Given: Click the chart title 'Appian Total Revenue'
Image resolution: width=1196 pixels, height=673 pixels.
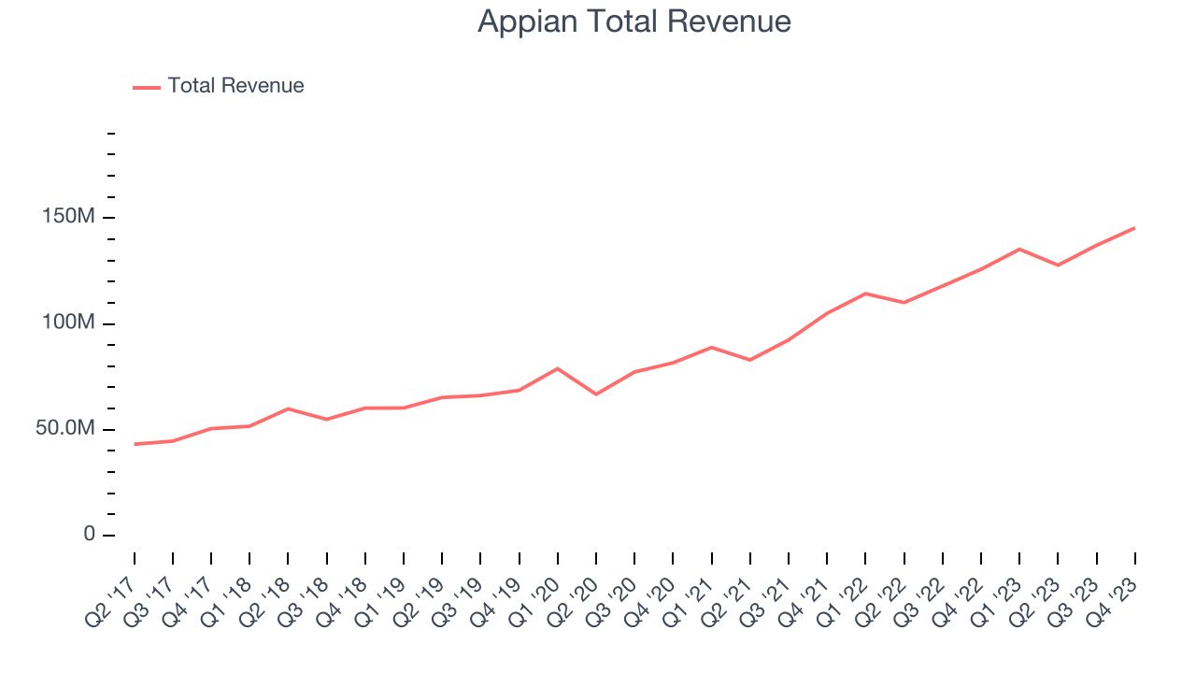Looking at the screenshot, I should click(634, 21).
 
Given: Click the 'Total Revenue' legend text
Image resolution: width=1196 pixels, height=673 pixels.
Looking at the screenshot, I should click(235, 86).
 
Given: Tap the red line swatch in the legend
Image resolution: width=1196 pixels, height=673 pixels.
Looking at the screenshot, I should click(147, 87).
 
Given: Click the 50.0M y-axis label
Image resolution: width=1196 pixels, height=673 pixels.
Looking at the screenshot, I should click(65, 428).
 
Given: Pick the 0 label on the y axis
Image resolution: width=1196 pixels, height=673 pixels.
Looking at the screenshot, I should click(89, 534).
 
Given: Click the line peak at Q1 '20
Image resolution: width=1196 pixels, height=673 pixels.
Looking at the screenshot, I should click(558, 368).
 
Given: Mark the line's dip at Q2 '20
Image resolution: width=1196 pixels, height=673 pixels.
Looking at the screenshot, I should click(596, 394).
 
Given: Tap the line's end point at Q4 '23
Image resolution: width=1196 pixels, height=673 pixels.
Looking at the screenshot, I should click(1134, 228).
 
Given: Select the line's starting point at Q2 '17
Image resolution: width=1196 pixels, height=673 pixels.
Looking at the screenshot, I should click(135, 444).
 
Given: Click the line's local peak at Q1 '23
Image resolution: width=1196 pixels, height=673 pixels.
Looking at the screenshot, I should click(1019, 249).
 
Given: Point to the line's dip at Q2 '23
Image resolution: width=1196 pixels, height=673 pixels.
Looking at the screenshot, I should click(1058, 265).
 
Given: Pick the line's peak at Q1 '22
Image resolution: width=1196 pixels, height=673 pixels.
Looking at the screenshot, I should click(866, 294).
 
